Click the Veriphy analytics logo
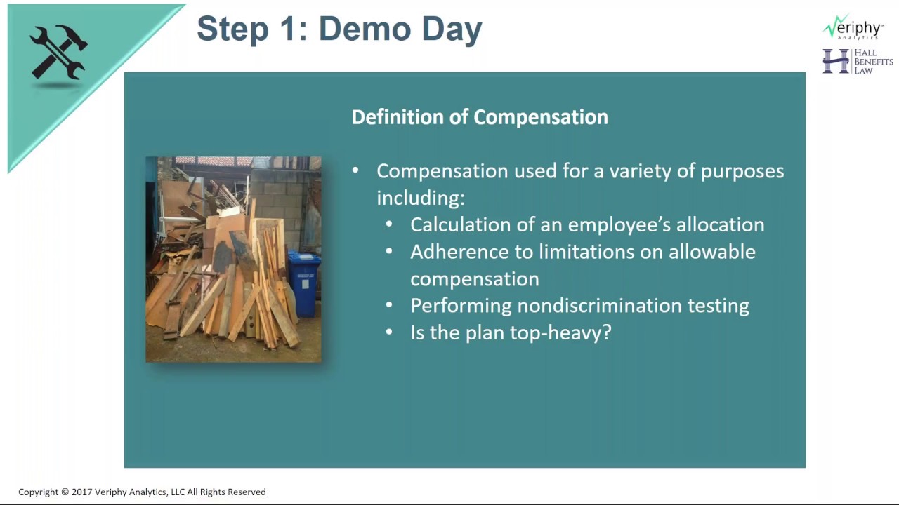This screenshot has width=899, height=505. [853, 27]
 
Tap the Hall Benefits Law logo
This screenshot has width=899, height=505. [858, 62]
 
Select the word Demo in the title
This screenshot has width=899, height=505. [365, 29]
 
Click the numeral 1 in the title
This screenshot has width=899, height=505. [289, 29]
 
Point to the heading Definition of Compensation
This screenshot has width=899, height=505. [480, 117]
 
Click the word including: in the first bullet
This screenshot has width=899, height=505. [421, 198]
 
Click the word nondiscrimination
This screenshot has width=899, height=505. [599, 305]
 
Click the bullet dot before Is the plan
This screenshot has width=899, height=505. [389, 332]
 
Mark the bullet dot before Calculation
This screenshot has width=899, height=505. [389, 224]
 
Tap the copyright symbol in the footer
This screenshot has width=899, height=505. [65, 492]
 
